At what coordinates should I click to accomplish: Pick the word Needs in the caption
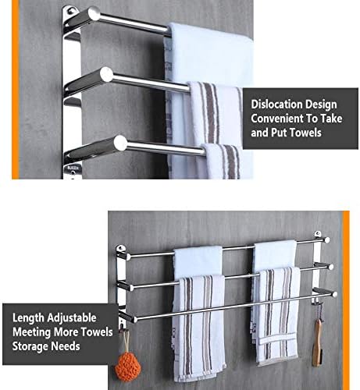click(x=66, y=346)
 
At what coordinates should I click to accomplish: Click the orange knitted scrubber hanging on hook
click(x=128, y=366)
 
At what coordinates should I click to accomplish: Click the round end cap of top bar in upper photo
click(x=94, y=13)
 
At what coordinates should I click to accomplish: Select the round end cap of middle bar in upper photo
click(x=106, y=74)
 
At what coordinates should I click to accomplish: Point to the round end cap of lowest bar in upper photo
click(x=120, y=143)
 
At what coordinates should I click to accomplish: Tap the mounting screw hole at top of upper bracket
click(x=70, y=11)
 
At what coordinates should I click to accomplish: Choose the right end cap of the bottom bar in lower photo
click(x=334, y=294)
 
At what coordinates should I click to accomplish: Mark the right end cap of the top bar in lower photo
click(x=327, y=239)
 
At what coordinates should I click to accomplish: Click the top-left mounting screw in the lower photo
click(x=120, y=248)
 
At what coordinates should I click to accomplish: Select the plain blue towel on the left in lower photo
click(x=198, y=262)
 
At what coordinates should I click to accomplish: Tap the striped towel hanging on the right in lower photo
click(x=277, y=316)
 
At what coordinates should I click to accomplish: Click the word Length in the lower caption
click(x=28, y=318)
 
